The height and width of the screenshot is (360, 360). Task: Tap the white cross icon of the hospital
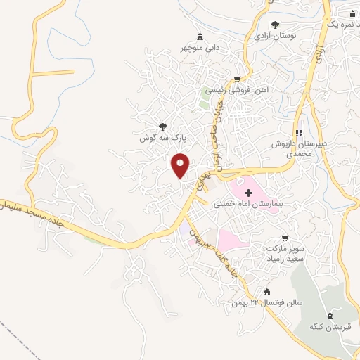click(x=248, y=192)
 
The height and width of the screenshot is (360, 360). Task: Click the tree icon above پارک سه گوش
click(x=163, y=127)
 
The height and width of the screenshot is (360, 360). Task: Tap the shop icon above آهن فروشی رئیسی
click(x=238, y=79)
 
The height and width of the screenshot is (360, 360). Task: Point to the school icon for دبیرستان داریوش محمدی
click(x=300, y=133)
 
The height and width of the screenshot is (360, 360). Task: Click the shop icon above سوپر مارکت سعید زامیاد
click(x=284, y=238)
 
